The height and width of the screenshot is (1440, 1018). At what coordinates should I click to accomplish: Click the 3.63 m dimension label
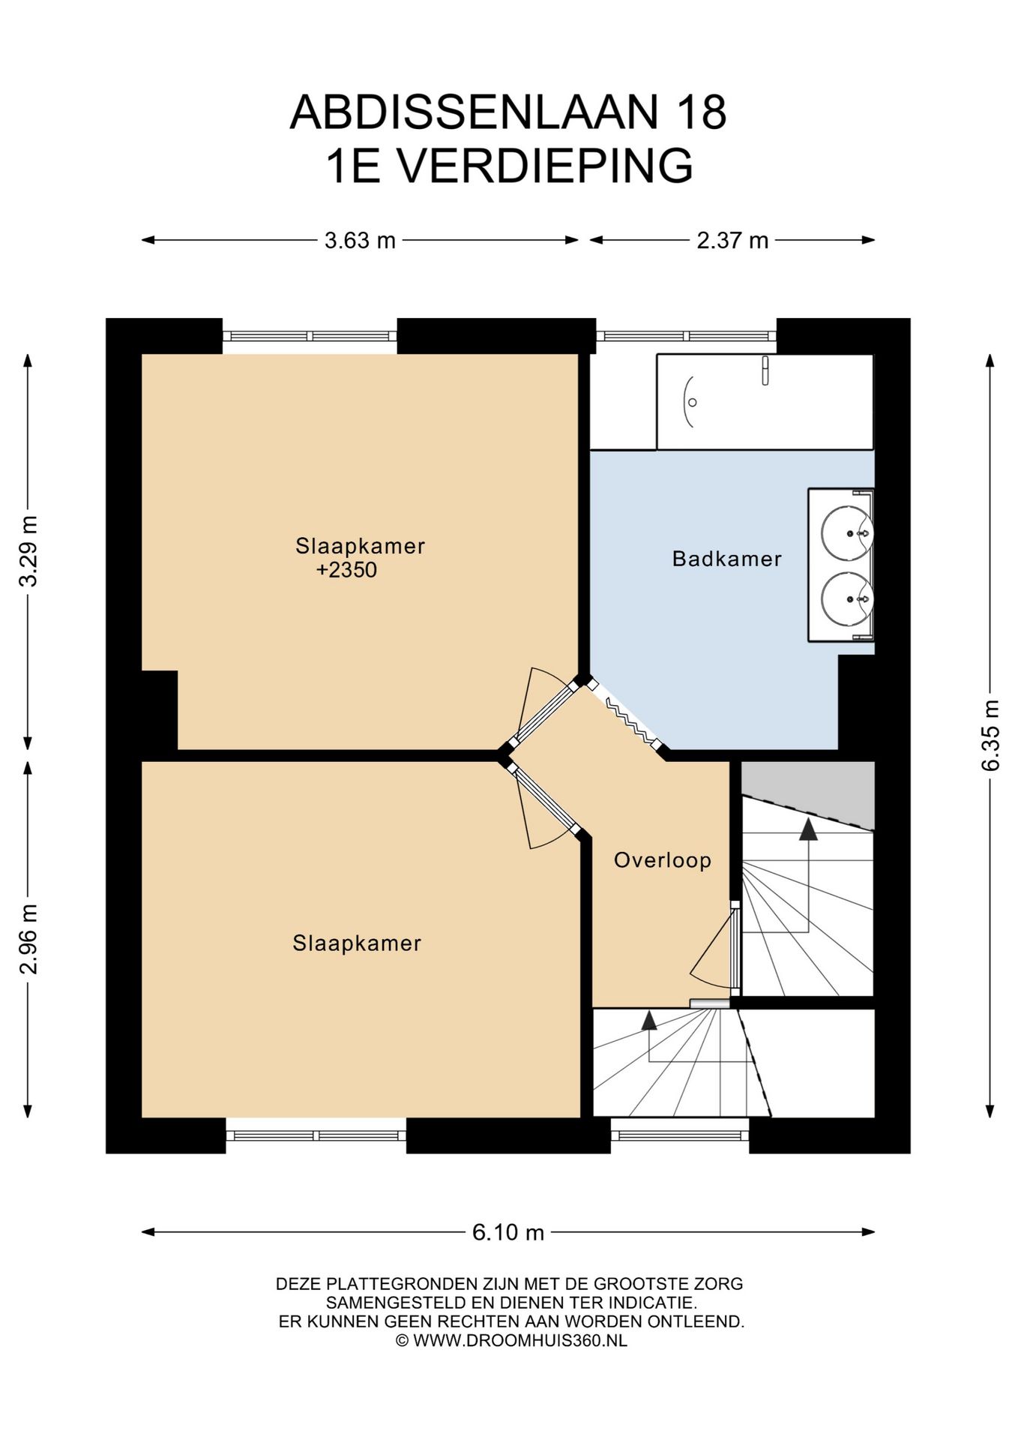[360, 241]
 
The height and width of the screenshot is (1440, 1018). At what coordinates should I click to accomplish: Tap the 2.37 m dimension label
[732, 241]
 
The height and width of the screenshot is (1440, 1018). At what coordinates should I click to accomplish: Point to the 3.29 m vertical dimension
[28, 551]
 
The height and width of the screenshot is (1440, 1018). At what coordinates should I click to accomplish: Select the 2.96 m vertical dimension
[28, 939]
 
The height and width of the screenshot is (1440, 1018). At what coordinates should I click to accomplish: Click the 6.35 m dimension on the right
[990, 735]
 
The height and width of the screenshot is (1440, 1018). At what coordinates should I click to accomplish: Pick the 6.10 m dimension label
[508, 1232]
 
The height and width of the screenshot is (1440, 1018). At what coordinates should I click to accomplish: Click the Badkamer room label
[726, 559]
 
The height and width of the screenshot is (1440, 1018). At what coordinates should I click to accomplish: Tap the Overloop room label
[662, 860]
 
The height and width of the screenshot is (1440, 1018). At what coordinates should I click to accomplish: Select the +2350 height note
[346, 570]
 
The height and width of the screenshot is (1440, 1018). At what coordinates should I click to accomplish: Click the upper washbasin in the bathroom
[846, 533]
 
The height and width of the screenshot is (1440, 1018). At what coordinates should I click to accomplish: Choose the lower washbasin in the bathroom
[846, 599]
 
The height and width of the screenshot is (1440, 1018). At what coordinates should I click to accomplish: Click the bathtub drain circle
[693, 403]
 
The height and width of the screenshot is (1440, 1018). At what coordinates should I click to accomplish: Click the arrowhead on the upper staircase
[808, 829]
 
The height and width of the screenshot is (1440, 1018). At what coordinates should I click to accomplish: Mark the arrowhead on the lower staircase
[648, 1020]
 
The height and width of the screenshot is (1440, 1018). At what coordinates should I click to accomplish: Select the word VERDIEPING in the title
[545, 166]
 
